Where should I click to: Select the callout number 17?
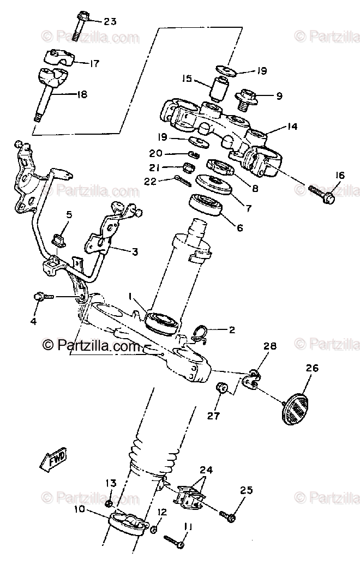94,63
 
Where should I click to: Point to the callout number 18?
81,94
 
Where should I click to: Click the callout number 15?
187,79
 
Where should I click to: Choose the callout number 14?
292,127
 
